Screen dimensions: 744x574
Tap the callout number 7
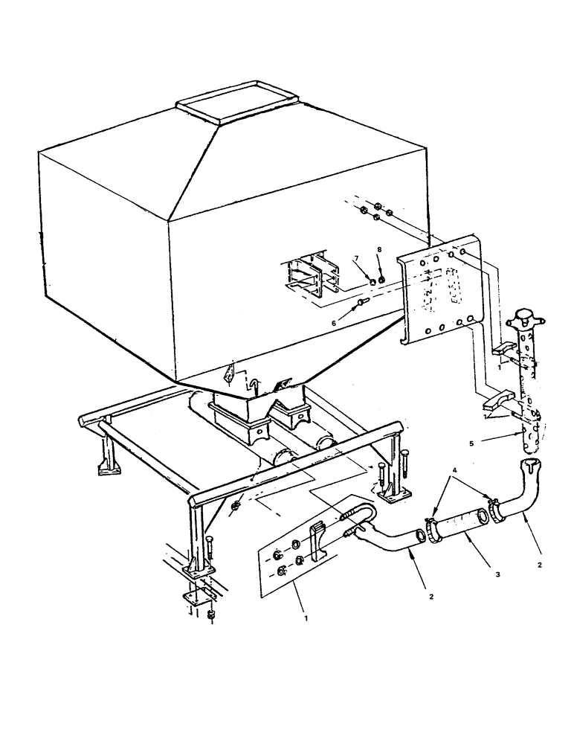tap(357, 258)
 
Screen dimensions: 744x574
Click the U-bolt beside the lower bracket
tap(361, 515)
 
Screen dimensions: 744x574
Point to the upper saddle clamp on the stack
tap(507, 349)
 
